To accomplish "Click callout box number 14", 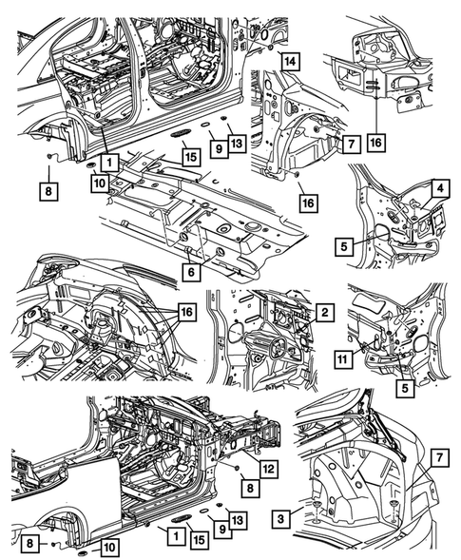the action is tap(290, 62).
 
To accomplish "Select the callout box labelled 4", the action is tap(440, 188).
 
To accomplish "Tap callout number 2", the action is tap(324, 313).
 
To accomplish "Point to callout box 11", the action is tap(343, 359).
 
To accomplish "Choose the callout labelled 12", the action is tap(268, 469).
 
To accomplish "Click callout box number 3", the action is tap(281, 519).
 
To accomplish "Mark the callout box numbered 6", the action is tap(191, 272).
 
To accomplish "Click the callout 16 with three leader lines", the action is tap(186, 313).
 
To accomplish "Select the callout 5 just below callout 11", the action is tap(405, 388).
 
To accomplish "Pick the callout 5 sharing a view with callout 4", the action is tap(344, 247).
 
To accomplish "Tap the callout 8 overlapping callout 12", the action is tap(250, 488).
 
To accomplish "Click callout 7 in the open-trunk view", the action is tap(439, 457).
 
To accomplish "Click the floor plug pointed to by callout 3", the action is tap(317, 504).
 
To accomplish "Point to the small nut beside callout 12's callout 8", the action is tap(236, 468).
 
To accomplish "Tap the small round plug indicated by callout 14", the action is tap(270, 47).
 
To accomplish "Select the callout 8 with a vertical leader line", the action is tap(48, 191).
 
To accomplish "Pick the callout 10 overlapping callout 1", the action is tap(100, 183).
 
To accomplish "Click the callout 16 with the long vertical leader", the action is tap(376, 143).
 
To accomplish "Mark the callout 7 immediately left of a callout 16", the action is tap(351, 145).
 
